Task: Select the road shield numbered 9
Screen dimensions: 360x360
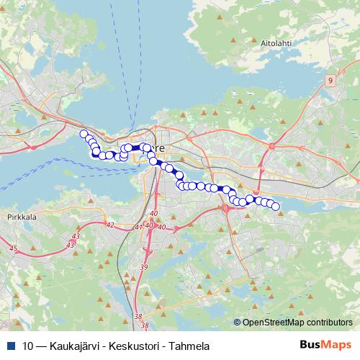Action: tap(329, 81)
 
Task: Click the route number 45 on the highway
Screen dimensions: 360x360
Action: tap(12, 248)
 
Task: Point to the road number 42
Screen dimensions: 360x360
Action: tap(109, 225)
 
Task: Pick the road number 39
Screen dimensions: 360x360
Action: tap(143, 268)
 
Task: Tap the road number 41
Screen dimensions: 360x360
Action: tap(138, 228)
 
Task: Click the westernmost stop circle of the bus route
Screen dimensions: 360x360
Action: tap(84, 134)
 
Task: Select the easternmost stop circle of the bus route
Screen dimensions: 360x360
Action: tap(275, 207)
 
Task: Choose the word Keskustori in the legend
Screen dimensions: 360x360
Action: tap(135, 345)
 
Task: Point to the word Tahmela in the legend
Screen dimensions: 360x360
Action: tap(189, 345)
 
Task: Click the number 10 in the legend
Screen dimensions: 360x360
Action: tap(27, 345)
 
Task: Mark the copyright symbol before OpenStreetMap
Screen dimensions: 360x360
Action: tap(238, 323)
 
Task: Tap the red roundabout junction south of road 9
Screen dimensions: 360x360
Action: tap(272, 145)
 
